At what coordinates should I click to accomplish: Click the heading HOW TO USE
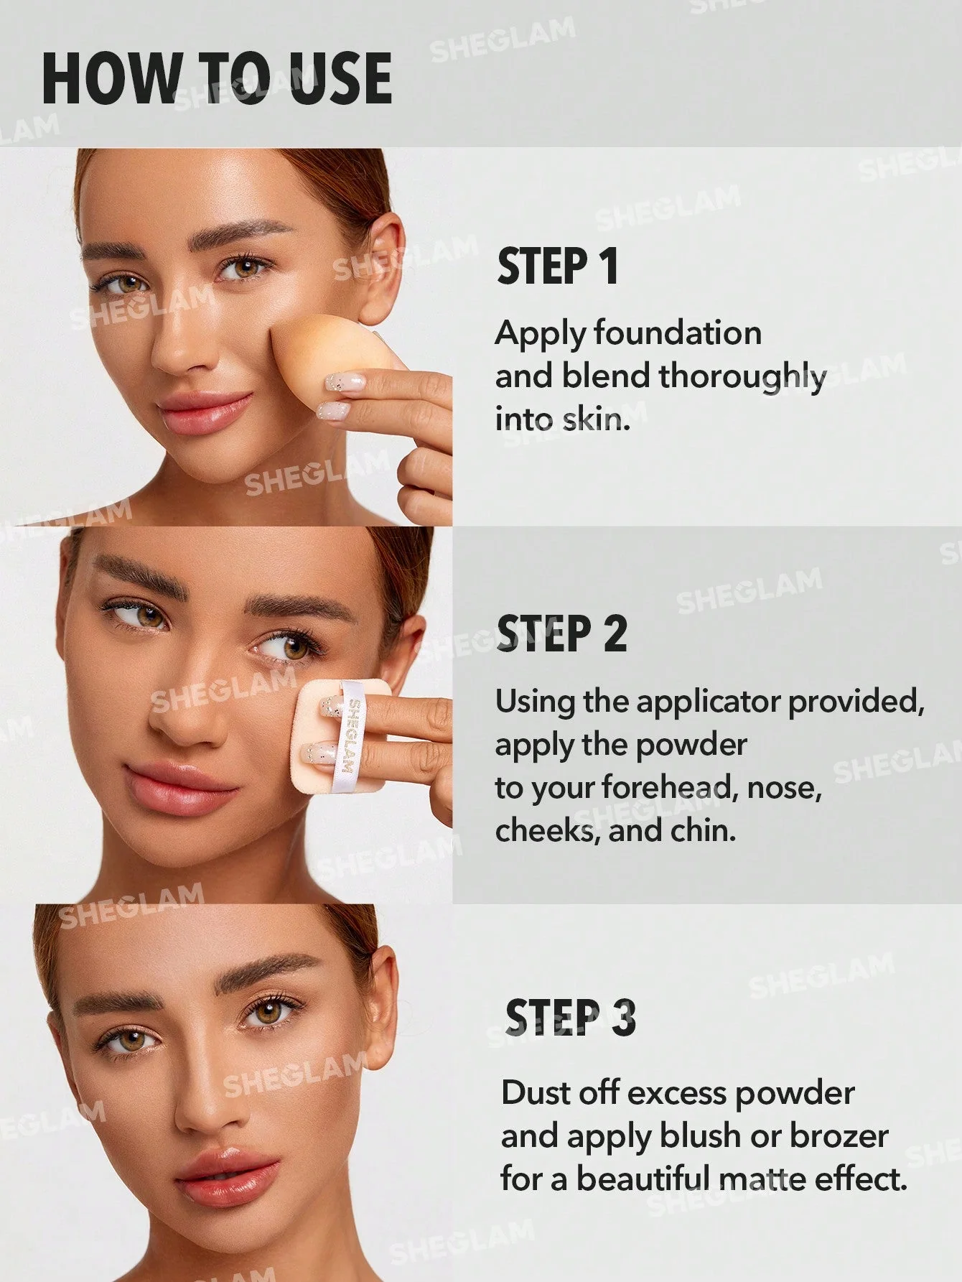coord(217,78)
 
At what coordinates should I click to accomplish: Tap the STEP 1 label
coord(558,266)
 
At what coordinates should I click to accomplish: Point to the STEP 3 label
coord(571,1018)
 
